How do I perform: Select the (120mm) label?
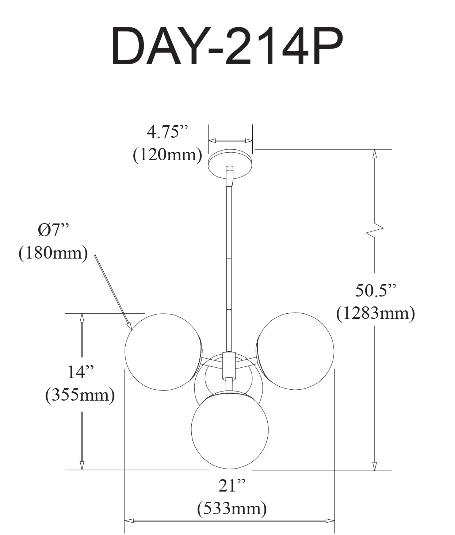pos(168,156)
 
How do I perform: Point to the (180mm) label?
pos(53,253)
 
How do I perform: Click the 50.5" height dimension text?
pos(375,291)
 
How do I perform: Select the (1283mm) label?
pos(375,313)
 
